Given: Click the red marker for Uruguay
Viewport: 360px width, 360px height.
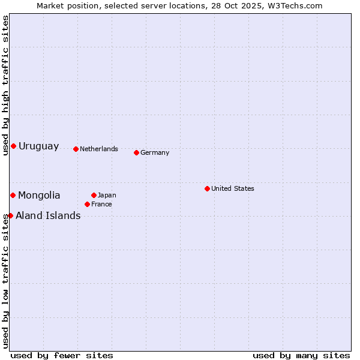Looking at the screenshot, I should (13, 146).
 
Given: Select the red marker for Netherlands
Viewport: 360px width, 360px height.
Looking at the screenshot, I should (76, 149).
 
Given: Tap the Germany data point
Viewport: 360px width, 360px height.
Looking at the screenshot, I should (136, 152).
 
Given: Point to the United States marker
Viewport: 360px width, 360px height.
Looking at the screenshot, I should (207, 188).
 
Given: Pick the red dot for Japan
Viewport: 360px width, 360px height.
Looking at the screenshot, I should (94, 195).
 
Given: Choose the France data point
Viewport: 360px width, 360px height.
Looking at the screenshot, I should (87, 204).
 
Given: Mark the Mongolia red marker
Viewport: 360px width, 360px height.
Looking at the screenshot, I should (13, 195).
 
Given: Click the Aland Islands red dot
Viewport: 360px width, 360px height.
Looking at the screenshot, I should (10, 215).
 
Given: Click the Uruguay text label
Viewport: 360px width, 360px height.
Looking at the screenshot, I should (39, 146).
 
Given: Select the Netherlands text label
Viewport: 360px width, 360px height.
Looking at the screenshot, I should (99, 149).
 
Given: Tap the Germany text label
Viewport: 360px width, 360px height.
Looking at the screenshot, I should (155, 152).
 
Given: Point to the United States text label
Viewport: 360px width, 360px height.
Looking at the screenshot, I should (233, 188).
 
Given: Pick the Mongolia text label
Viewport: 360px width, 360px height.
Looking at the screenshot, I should (39, 195).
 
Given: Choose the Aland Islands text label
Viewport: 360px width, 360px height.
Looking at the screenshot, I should (48, 215).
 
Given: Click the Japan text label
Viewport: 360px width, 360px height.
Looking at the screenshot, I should (107, 195).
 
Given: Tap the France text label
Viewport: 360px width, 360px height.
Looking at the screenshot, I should (101, 204).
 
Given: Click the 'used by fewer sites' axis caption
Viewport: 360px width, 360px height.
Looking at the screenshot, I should (62, 355).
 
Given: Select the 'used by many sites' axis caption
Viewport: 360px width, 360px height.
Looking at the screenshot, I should (301, 355).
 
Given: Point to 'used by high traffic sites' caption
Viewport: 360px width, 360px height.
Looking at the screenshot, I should (5, 85).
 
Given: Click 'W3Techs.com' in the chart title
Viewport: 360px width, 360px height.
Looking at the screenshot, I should (294, 5).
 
